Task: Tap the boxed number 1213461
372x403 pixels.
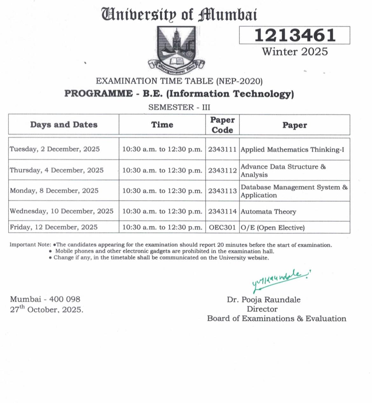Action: pos(295,35)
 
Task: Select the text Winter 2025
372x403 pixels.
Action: pos(295,52)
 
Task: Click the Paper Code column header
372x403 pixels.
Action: pos(222,125)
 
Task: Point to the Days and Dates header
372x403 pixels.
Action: pos(64,125)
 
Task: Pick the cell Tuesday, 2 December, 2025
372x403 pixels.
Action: pos(55,149)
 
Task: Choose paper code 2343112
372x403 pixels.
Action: pos(222,170)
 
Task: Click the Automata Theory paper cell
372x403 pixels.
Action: pos(268,212)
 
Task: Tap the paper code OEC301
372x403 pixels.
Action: pos(222,228)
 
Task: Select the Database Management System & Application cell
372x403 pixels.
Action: pos(294,191)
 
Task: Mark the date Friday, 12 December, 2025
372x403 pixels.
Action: pos(54,227)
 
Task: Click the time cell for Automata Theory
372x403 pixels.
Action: pos(162,211)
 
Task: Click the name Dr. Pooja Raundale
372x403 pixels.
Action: pos(264,299)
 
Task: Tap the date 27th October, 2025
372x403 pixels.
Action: pos(46,309)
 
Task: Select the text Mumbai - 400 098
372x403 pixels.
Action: pos(45,299)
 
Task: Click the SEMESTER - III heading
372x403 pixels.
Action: pos(179,107)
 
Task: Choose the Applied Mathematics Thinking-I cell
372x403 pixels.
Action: pos(292,149)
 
